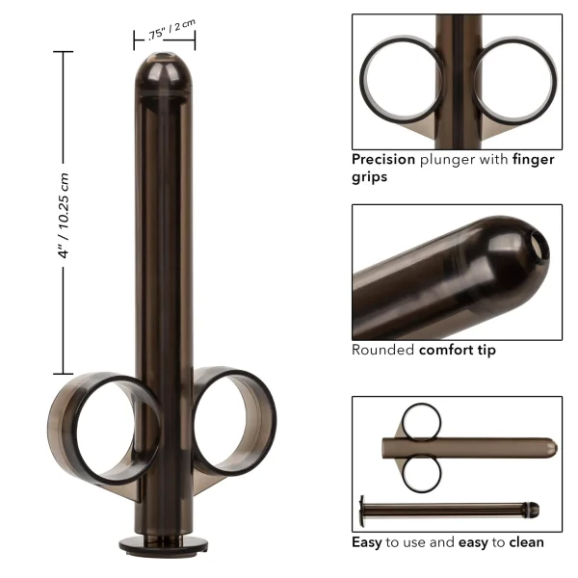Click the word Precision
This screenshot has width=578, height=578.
point(382,160)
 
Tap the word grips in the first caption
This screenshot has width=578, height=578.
point(368,177)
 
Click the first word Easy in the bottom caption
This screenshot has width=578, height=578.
point(366,542)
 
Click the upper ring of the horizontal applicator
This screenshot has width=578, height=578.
point(421,421)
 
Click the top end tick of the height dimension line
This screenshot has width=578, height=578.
point(65,51)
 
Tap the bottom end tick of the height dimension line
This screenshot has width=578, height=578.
point(65,373)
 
